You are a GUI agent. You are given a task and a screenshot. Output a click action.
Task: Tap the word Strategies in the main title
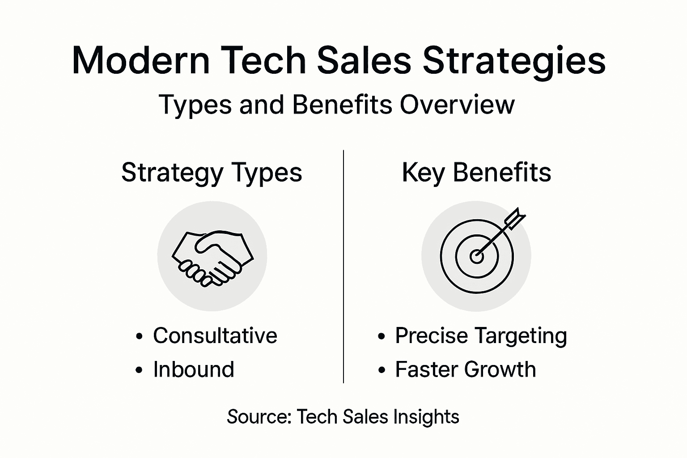[x=514, y=61]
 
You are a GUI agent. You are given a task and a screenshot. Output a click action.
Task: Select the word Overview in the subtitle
[x=457, y=105]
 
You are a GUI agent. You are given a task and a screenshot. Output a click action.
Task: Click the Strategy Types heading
[x=212, y=173]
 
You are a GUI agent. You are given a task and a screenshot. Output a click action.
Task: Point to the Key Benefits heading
[x=476, y=173]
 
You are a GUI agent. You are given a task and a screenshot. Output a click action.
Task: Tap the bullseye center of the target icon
[x=476, y=257]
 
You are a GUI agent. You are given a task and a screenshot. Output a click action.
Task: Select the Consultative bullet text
[x=215, y=335]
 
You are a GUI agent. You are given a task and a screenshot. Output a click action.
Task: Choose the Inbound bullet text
[x=194, y=369]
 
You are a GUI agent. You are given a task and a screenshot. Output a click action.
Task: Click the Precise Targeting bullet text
[x=481, y=335]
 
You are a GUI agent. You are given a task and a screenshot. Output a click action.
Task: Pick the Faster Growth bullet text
[x=465, y=369]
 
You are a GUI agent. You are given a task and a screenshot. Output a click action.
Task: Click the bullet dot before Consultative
[x=140, y=336]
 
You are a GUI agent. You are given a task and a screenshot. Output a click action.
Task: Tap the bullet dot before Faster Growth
[x=382, y=370]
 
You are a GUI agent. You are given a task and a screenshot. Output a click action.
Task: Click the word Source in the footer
[x=259, y=417]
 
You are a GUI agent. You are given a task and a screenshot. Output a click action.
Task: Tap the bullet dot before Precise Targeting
[x=382, y=336]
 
